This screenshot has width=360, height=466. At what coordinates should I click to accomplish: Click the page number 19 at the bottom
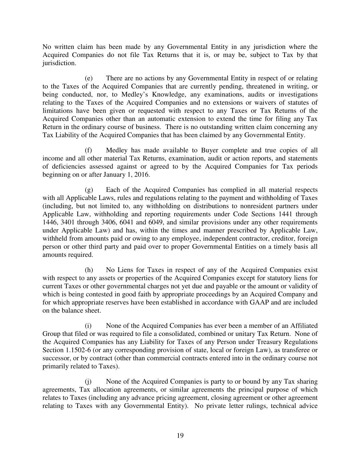(180, 435)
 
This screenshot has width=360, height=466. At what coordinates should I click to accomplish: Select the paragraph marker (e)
(89, 78)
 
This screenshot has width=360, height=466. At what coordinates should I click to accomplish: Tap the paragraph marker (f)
(88, 150)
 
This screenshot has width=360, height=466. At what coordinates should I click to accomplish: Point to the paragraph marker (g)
(89, 190)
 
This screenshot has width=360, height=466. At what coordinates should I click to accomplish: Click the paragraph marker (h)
(89, 270)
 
